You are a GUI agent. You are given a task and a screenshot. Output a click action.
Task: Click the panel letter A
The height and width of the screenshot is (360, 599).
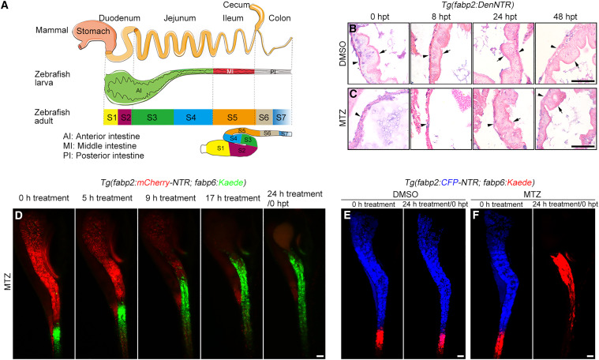pyautogui.click(x=7, y=7)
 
